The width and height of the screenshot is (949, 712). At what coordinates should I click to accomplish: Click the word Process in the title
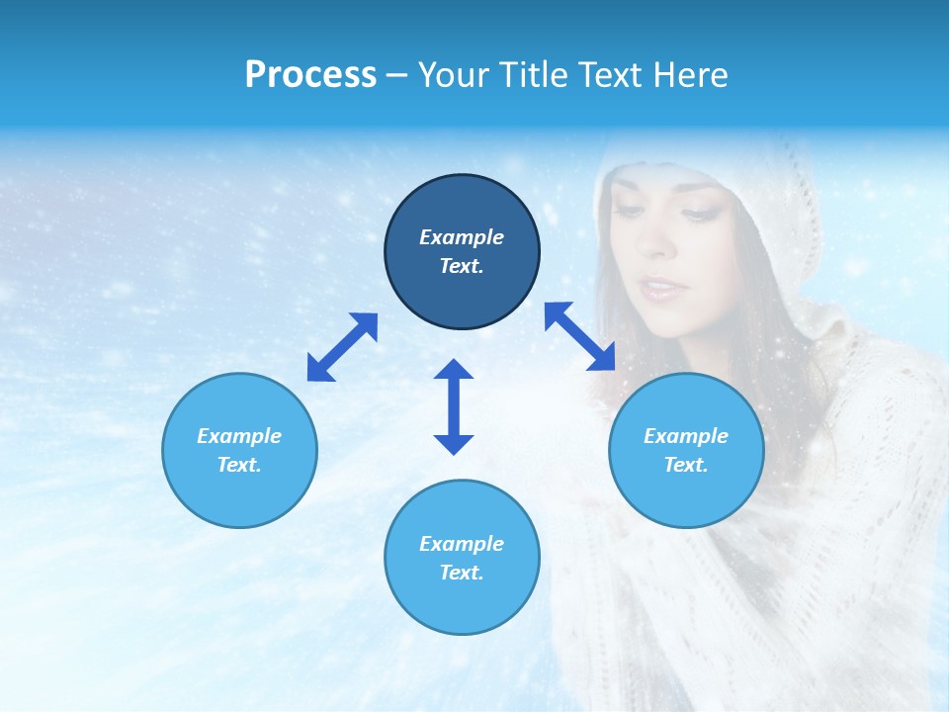310,75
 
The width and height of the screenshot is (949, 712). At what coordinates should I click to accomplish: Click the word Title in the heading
533,75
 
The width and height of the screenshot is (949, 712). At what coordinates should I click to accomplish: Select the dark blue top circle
462,252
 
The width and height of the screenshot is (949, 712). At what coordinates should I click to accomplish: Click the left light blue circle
239,450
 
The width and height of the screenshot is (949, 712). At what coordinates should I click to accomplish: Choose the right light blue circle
686,450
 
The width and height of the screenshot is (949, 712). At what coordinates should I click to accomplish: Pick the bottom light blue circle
462,558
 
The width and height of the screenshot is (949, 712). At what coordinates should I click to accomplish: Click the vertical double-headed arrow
454,407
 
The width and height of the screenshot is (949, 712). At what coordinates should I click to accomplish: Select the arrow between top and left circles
342,347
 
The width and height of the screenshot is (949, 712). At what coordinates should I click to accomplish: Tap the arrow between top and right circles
580,336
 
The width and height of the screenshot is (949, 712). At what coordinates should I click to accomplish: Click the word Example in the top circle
462,237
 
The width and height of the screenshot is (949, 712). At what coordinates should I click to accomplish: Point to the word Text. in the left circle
239,465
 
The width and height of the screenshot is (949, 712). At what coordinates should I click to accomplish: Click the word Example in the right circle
686,436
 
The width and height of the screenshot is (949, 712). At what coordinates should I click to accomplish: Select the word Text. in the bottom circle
462,573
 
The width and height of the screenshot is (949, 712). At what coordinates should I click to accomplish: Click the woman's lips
659,287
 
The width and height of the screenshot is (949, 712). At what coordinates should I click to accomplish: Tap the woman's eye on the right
697,215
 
